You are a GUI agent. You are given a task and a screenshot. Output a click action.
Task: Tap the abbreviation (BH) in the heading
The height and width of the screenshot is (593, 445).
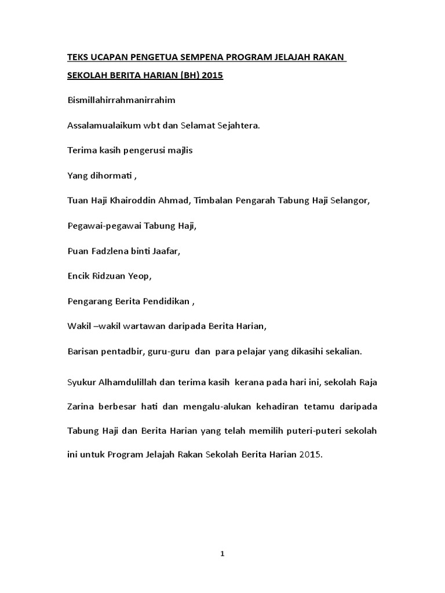tap(188, 76)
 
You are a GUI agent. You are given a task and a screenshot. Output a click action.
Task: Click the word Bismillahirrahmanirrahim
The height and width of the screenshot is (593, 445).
tap(121, 100)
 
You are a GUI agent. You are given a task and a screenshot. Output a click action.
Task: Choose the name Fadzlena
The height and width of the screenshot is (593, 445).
tap(108, 251)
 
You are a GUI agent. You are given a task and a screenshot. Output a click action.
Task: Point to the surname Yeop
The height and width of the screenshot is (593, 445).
tap(139, 276)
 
